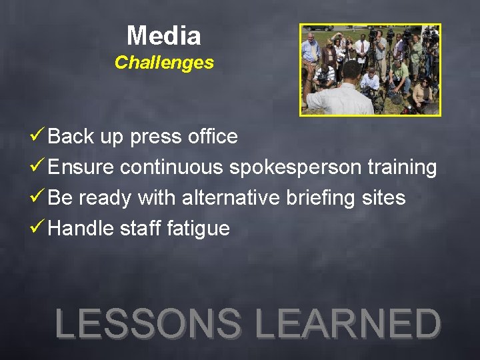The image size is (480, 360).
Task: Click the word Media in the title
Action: tap(164, 35)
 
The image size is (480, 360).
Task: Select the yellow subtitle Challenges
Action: tap(164, 63)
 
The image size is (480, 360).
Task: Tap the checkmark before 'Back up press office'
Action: tap(39, 136)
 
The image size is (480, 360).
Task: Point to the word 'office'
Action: tap(211, 137)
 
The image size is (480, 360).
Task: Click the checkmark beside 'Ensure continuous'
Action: tap(39, 167)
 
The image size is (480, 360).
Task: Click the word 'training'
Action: tap(402, 167)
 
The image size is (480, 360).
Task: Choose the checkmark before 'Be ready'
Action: tap(39, 197)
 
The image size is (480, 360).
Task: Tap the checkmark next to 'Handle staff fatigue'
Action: tap(39, 228)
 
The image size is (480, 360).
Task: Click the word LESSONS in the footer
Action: tap(148, 323)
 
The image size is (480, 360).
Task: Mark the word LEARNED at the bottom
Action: tap(348, 323)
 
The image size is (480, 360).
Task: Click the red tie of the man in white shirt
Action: tap(363, 50)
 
